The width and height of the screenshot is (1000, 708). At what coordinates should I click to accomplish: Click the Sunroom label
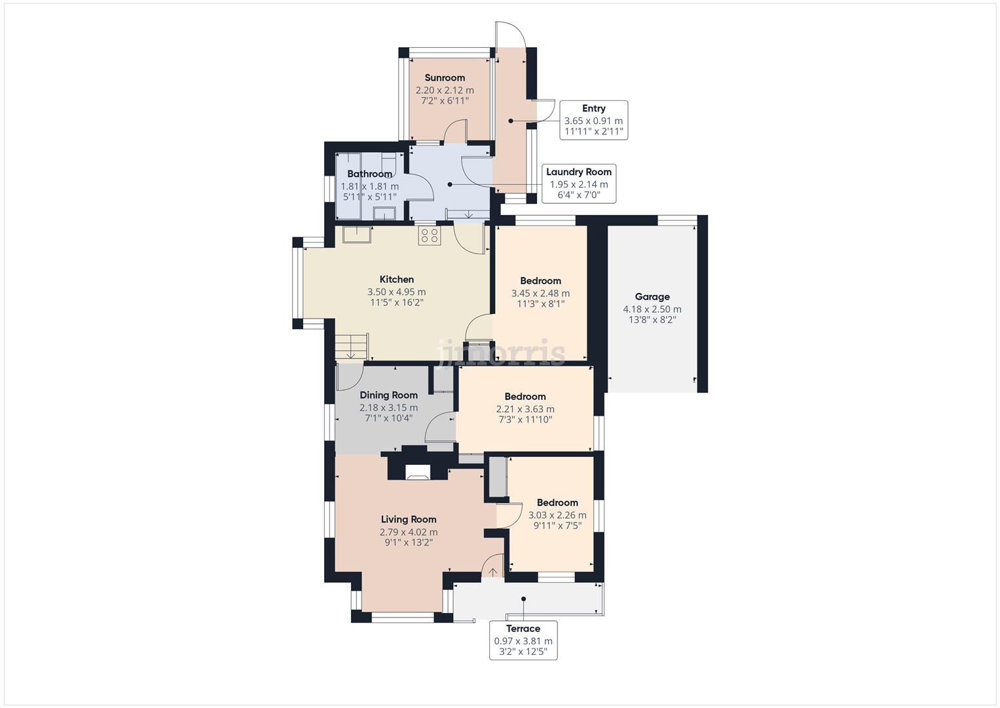(x=445, y=78)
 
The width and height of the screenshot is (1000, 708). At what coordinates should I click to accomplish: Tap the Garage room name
(x=652, y=297)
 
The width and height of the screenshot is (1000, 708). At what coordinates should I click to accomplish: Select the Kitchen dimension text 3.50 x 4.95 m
(x=396, y=292)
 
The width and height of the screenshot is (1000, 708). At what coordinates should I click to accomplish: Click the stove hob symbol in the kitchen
(x=430, y=236)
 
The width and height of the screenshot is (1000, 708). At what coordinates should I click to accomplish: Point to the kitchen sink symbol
(x=356, y=235)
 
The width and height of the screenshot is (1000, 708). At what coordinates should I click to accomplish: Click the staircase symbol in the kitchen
(x=352, y=347)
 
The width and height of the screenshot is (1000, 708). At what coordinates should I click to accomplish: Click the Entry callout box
(x=594, y=120)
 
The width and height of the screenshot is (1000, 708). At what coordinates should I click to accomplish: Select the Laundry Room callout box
(x=579, y=184)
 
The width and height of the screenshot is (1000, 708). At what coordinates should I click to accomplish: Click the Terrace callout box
(x=523, y=640)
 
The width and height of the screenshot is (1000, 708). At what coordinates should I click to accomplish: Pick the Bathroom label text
(x=369, y=174)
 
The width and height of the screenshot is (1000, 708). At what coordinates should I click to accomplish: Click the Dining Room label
(x=388, y=395)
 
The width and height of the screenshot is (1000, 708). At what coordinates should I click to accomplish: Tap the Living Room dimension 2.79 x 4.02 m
(x=409, y=532)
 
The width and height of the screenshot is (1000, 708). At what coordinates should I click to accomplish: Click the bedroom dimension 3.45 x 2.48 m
(x=540, y=294)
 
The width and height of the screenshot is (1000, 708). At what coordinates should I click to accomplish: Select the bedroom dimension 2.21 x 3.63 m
(x=525, y=409)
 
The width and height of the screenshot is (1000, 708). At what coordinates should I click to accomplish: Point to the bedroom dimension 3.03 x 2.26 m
(x=557, y=515)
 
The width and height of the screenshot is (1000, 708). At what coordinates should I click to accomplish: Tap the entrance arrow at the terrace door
(x=492, y=571)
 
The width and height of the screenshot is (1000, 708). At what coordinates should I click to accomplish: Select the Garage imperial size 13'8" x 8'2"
(x=652, y=320)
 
